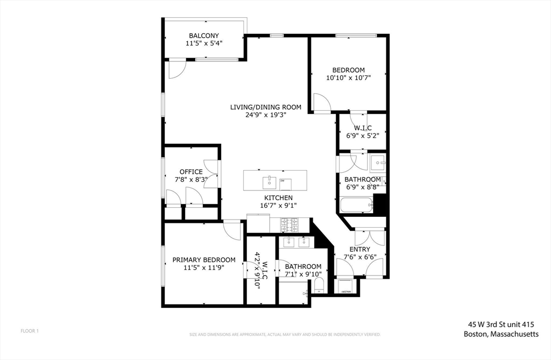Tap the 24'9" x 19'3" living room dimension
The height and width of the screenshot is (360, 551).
265,115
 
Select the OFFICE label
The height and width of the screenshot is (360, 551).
191,172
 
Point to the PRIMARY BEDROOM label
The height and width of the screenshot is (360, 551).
203,260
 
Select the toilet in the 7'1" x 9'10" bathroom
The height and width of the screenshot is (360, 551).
319,284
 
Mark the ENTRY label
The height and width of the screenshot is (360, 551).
359,249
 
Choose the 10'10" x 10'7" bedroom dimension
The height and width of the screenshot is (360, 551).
348,77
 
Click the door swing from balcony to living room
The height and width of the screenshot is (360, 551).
176,68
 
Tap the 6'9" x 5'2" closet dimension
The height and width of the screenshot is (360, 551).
358,135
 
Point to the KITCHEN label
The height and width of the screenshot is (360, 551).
278,198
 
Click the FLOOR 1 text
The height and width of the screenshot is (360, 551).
30,330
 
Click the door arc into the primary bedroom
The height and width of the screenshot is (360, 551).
233,230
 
